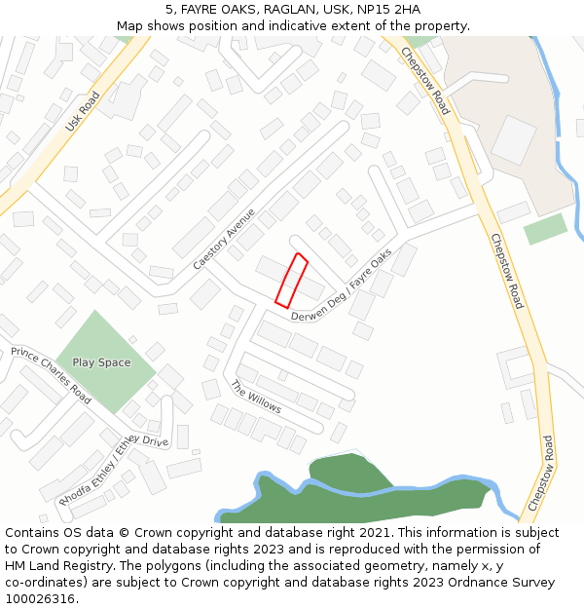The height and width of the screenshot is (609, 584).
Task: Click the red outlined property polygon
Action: point(291,280)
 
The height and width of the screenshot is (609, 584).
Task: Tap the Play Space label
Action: point(101,362)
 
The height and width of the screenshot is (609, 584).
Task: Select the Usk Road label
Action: point(82,114)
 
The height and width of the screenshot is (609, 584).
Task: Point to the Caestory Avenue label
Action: point(223,239)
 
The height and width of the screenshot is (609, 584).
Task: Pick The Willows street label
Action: point(255,397)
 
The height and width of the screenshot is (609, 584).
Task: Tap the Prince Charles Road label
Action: point(51,375)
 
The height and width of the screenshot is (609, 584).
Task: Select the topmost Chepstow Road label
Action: point(425,82)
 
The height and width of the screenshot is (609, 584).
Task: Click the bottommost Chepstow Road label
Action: point(541,474)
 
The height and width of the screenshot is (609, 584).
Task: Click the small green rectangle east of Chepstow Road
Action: point(545,229)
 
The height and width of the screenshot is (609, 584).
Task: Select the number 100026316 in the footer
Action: point(39,599)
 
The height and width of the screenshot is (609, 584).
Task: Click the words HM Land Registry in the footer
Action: point(56,566)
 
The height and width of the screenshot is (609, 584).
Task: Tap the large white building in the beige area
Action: point(513,139)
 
